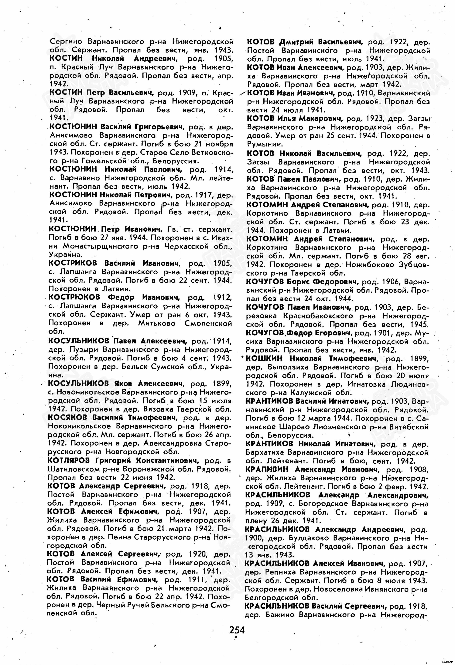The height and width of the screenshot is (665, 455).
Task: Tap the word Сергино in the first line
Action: coord(66,41)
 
